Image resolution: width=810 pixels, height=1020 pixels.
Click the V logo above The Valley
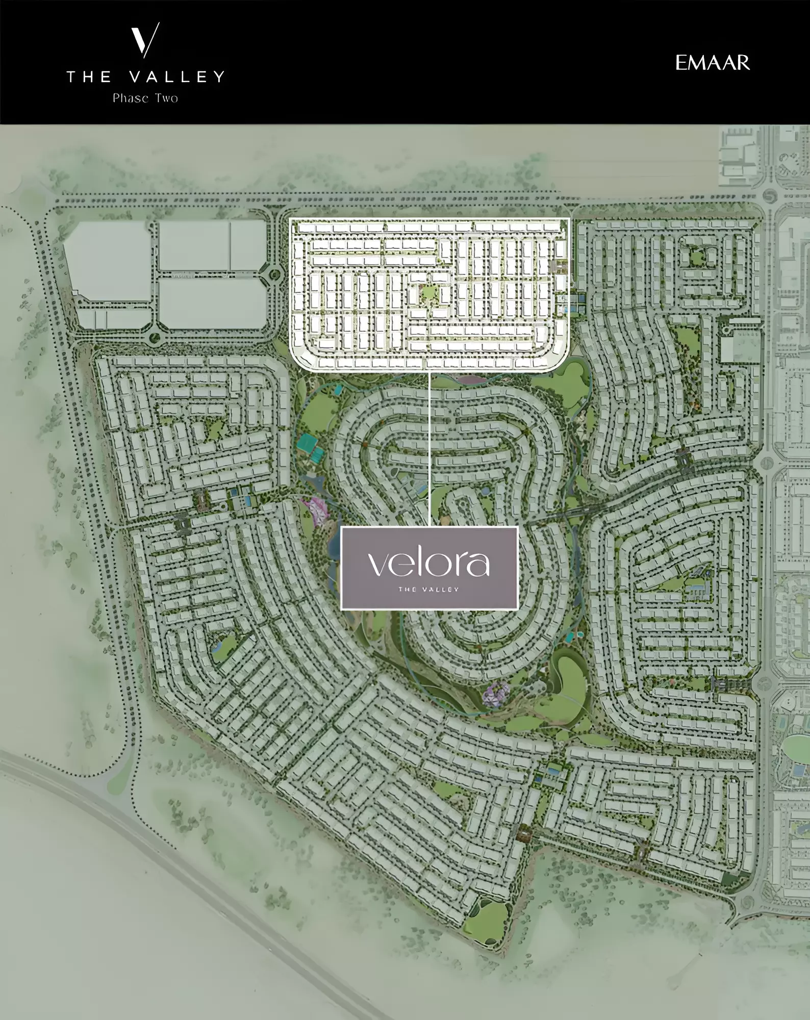(x=145, y=40)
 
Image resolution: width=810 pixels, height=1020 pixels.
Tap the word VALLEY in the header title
(x=176, y=77)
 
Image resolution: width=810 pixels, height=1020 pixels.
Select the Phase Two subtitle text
(x=145, y=98)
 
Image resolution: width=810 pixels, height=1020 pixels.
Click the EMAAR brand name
(x=713, y=63)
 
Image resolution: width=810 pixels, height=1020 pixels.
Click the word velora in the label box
(x=428, y=563)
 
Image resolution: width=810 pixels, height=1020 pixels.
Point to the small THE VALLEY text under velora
(x=428, y=589)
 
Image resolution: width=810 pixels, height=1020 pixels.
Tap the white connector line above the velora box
(x=429, y=449)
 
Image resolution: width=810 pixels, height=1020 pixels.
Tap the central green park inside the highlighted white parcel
(x=428, y=293)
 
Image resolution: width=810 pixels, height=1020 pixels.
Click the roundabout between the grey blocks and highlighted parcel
(x=275, y=276)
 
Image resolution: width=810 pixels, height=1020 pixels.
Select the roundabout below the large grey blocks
(x=154, y=337)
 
